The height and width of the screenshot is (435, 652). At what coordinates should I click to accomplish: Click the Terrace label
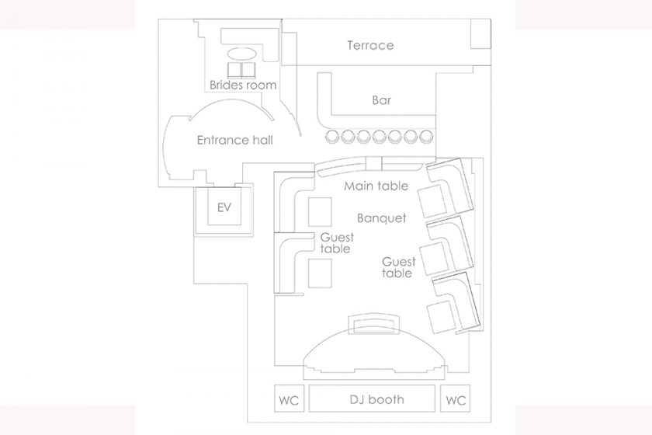point(370,45)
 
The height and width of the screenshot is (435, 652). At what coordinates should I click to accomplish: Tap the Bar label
point(382,100)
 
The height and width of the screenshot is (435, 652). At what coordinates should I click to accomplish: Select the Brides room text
point(243,85)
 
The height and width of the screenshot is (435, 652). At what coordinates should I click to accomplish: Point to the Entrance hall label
point(234,140)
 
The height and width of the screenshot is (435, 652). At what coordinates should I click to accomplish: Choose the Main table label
point(376,186)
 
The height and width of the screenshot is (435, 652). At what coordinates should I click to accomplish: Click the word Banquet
point(382,218)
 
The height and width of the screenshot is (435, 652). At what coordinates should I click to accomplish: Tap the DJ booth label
point(376,399)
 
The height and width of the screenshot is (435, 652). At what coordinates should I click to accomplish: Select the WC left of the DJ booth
point(289,398)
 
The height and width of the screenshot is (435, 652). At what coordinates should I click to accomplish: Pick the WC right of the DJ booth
point(456,398)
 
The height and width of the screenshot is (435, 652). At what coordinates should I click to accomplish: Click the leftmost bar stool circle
point(332,137)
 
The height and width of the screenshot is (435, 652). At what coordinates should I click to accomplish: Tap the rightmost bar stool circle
point(426,137)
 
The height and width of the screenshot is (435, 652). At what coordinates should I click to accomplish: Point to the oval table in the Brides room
point(241,54)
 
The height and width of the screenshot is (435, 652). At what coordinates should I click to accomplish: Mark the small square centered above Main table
point(373,164)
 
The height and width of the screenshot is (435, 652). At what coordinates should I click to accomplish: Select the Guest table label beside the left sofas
point(336,243)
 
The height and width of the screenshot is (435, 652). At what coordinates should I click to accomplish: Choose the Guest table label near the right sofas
point(398,267)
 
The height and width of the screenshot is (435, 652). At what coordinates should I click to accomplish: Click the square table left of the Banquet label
point(320,212)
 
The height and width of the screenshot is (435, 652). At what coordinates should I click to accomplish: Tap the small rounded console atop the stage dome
point(373,324)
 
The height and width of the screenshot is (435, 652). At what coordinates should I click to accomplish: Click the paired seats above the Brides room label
point(241,71)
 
